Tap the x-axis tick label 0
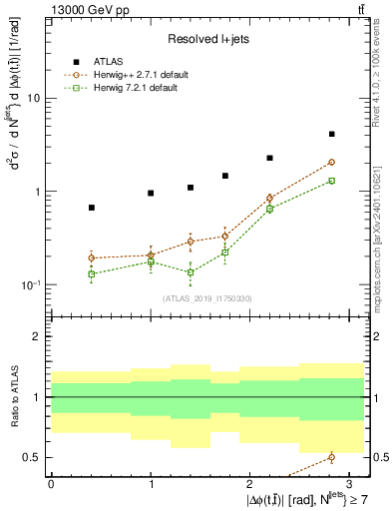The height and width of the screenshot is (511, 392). pos(51,482)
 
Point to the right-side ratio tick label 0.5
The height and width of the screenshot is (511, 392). pos(379,458)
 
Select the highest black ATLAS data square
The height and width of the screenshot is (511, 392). pos(331,134)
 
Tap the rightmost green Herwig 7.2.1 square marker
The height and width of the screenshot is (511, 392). pos(331,181)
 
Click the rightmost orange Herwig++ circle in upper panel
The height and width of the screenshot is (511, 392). pos(331,162)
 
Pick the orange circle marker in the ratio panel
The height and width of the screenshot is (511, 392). pos(331,457)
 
